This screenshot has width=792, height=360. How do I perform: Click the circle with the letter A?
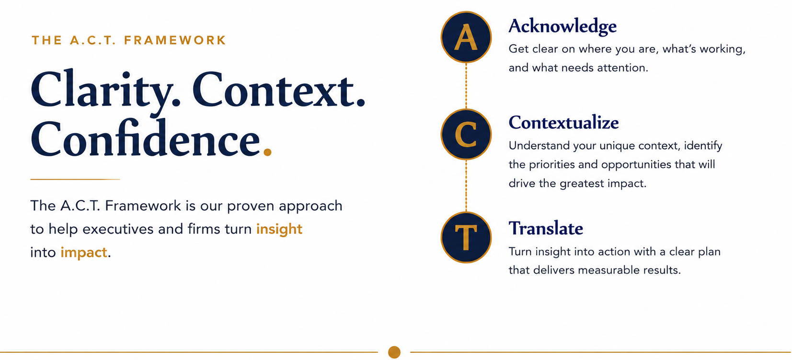tap(466, 37)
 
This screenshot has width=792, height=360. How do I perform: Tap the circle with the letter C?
tap(466, 134)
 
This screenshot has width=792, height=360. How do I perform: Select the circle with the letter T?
tap(466, 237)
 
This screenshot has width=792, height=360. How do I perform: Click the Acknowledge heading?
tap(562, 27)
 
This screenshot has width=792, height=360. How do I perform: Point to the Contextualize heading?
tap(563, 122)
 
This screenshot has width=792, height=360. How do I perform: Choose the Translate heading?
tap(546, 228)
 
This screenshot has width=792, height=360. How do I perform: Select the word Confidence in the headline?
tap(145, 139)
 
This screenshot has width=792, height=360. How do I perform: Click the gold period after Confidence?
tap(268, 152)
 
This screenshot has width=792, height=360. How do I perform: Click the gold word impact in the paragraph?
tap(84, 253)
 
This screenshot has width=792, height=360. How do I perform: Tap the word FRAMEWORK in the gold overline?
tap(175, 40)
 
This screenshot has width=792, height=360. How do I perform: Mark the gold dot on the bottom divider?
tap(394, 352)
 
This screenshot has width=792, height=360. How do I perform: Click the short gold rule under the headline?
tap(75, 179)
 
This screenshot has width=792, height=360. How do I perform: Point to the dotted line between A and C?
tap(466, 86)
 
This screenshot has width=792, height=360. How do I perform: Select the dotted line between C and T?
tap(466, 186)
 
